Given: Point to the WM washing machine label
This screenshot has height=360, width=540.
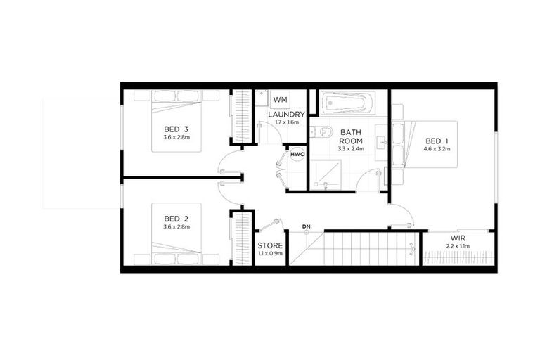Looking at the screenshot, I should coord(280,100).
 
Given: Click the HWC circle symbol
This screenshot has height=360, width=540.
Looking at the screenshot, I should coord(297,153).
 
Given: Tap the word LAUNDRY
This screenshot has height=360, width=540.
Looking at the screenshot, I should coord(286,114).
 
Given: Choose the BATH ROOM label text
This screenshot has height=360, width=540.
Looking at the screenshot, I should coord(351,136).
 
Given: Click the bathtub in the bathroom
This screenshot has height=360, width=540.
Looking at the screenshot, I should coord(350,103).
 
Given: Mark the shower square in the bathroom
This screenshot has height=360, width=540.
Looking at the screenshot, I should coord(326,174).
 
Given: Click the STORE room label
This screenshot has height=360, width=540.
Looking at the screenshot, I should coord(270,246).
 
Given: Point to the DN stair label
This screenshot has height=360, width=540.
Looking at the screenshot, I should coord(306,226).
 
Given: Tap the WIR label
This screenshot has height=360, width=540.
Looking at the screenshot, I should coord(458,238).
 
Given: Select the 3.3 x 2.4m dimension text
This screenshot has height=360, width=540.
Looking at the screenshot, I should coord(351,149).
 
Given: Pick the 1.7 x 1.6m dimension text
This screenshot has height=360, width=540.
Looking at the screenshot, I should coord(286,122).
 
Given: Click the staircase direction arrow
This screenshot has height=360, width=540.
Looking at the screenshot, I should coord(411,247).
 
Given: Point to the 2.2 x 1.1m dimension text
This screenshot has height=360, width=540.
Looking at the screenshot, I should coord(458,246).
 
